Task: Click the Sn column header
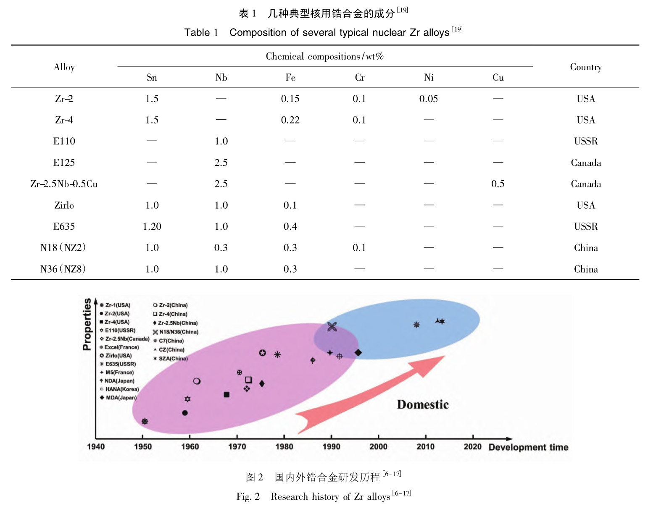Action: (152, 78)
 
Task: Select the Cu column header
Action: (498, 78)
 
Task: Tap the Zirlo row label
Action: (64, 205)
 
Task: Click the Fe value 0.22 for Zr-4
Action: (290, 120)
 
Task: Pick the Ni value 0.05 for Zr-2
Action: (429, 99)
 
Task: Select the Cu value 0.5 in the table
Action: (498, 184)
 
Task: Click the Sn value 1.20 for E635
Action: (152, 227)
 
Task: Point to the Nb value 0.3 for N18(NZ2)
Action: (221, 248)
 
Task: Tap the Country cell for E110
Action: (586, 142)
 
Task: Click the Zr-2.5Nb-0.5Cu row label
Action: (64, 184)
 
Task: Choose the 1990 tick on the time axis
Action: (332, 446)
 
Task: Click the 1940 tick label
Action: (96, 446)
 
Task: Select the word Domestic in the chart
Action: (423, 405)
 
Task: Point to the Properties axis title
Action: (87, 324)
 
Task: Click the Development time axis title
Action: (528, 447)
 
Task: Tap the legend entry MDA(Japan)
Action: (121, 398)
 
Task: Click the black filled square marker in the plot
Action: (227, 394)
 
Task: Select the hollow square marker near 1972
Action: (248, 380)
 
